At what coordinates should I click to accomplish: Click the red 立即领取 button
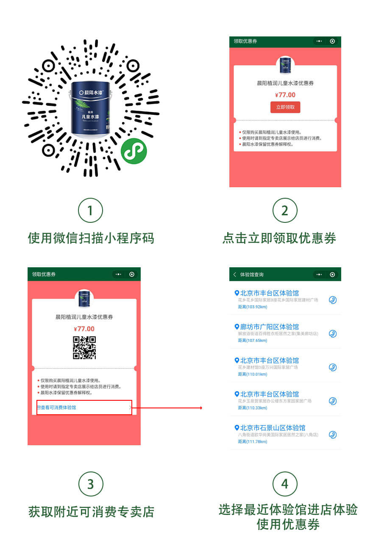click(x=285, y=107)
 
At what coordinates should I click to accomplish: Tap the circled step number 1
click(x=90, y=211)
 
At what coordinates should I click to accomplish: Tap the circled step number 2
click(x=284, y=211)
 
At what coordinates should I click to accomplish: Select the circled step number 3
click(x=90, y=484)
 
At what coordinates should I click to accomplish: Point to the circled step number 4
click(x=284, y=484)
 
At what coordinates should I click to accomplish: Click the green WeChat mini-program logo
click(x=134, y=151)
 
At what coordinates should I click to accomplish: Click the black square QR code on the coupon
click(x=84, y=348)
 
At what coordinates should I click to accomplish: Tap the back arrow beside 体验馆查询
click(x=235, y=274)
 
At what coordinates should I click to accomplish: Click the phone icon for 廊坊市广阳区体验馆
click(x=333, y=334)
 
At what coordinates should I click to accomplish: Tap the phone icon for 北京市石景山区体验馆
click(x=333, y=435)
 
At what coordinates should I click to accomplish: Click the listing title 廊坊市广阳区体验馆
click(x=269, y=327)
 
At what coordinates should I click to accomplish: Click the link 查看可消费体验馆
click(x=57, y=408)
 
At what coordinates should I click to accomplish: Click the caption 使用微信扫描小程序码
click(x=91, y=238)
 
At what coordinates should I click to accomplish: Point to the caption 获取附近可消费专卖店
click(x=91, y=512)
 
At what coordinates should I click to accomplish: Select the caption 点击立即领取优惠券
click(x=279, y=238)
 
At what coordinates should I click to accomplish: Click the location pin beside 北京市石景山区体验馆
click(x=237, y=427)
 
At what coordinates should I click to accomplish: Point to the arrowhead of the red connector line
click(x=201, y=408)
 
